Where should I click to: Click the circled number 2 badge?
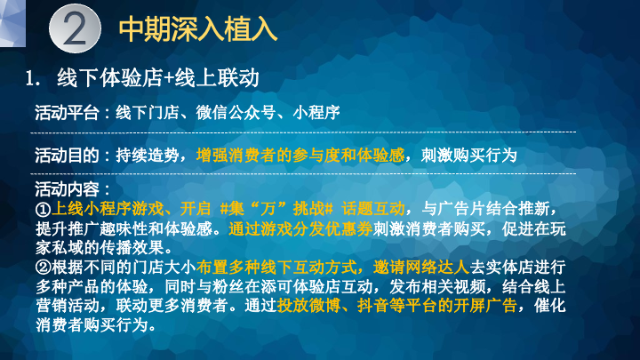pos(75,28)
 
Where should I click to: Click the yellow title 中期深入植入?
pos(198,29)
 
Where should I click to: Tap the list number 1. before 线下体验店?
pos(33,78)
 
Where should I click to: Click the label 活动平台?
pos(67,113)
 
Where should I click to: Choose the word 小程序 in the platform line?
pos(316,113)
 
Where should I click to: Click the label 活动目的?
pos(67,155)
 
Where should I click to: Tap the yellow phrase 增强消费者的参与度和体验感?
pos(300,155)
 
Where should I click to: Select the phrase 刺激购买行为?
pos(469,155)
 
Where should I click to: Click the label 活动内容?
pos(67,189)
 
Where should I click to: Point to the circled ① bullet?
pos(44,209)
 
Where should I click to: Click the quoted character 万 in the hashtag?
pos(268,209)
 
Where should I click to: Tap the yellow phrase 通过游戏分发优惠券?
pos(300,229)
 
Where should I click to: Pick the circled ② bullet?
pos(44,268)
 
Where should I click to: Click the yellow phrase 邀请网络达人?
pos(421,268)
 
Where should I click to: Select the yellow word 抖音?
pos(373,305)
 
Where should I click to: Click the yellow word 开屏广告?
pos(485,305)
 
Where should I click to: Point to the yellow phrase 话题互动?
pos(373,209)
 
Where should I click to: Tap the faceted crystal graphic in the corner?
pos(12,23)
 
